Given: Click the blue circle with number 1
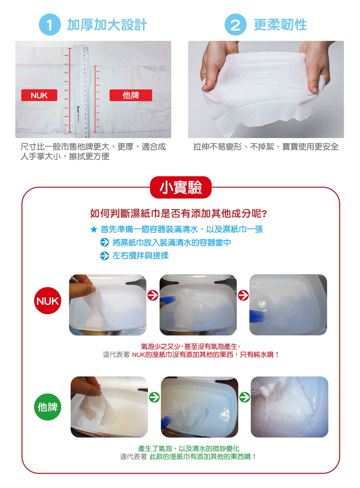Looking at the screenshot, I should click(x=50, y=25).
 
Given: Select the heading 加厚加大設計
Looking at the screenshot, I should click(x=107, y=25).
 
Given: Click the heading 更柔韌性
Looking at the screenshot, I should click(x=280, y=25).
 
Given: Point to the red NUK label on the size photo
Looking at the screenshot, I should click(x=39, y=95).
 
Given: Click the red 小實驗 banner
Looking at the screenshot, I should click(x=181, y=188).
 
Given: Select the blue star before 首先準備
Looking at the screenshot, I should click(x=93, y=230).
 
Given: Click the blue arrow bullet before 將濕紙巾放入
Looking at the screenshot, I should click(x=104, y=242).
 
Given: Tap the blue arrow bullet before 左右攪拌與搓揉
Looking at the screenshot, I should click(x=104, y=256).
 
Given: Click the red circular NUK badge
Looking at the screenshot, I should click(x=48, y=302).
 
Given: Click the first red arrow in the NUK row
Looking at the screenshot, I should click(x=153, y=295).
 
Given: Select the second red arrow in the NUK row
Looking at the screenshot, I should click(x=243, y=295).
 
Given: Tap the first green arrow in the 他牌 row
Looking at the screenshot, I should click(x=154, y=397).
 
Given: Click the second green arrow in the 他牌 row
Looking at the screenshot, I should click(x=245, y=397).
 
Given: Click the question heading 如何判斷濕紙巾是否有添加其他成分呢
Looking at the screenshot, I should click(x=179, y=213).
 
